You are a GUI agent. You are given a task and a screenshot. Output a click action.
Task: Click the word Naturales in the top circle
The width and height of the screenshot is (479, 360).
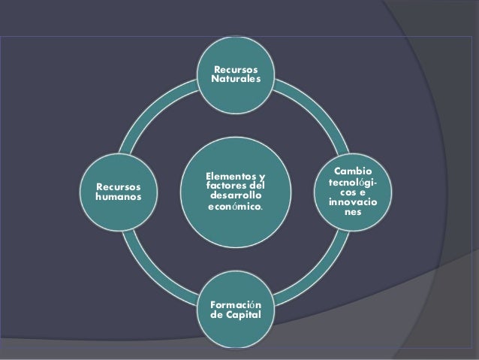pyautogui.click(x=236, y=79)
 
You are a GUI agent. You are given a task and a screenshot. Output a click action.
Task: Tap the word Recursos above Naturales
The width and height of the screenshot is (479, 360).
pyautogui.click(x=236, y=69)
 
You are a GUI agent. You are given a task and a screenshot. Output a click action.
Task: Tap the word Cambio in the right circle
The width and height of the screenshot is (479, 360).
pyautogui.click(x=351, y=171)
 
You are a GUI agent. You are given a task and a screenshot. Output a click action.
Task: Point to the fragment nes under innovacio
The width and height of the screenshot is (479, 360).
pyautogui.click(x=351, y=213)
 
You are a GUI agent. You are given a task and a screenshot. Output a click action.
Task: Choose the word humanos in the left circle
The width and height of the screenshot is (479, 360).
pyautogui.click(x=114, y=197)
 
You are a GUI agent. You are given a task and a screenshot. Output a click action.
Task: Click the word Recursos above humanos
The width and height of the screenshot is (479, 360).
pyautogui.click(x=114, y=186)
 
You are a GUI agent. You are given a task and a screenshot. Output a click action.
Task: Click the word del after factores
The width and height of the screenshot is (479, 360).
pyautogui.click(x=257, y=186)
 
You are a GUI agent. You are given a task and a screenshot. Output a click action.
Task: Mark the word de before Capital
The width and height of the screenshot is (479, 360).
pyautogui.click(x=218, y=316)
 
